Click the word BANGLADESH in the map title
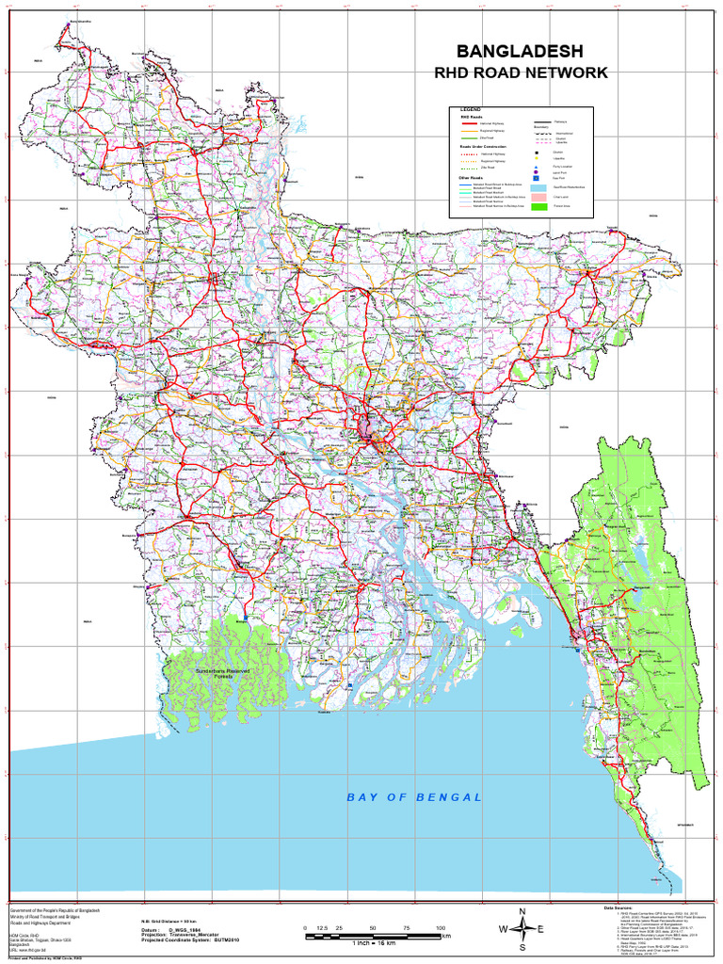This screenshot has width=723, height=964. [519, 51]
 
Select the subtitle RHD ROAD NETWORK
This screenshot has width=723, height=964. [519, 72]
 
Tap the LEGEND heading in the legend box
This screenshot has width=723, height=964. [470, 110]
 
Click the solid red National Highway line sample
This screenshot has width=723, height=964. [468, 123]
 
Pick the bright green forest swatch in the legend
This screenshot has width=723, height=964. [538, 205]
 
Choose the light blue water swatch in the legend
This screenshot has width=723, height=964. [538, 187]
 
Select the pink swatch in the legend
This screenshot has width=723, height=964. [538, 197]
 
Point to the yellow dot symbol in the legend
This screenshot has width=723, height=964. [536, 159]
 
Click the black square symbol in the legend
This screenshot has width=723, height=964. [536, 152]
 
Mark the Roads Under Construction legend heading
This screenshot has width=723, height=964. [479, 147]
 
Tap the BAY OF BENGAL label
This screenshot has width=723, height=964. [414, 797]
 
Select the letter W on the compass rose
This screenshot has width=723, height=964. [502, 930]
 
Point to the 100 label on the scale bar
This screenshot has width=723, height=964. [441, 928]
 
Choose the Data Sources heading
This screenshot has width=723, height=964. [620, 907]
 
